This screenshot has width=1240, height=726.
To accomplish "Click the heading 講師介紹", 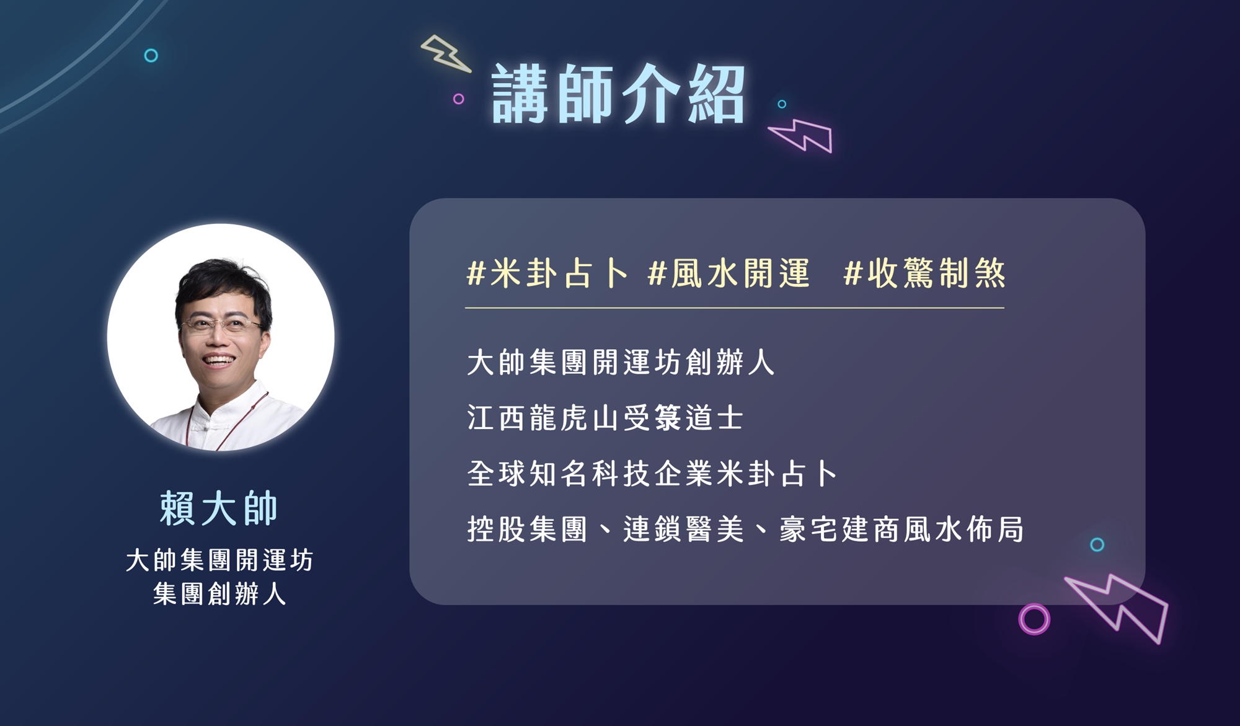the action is pos(618,95).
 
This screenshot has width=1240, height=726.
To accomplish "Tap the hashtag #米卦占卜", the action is pos(547,273).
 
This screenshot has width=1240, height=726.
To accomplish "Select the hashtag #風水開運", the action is pos(728,273).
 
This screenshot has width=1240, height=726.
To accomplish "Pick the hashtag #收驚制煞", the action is pos(924,273).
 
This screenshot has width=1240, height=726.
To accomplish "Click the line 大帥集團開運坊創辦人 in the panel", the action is pos(621,362).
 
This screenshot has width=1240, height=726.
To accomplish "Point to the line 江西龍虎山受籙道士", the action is pos(605,418).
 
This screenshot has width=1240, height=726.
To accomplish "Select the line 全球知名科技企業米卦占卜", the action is pos(652,474).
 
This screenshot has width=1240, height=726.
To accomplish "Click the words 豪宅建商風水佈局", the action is pos(901,529).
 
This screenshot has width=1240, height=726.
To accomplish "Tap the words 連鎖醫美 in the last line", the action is pos(683,529).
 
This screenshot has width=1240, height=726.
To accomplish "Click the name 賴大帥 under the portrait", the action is pos(219,508).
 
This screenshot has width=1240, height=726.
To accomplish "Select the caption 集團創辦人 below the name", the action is pos(219,594).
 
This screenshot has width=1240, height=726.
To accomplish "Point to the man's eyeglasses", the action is pos(221,324).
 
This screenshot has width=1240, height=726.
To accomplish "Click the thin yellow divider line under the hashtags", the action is pos(735,308).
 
